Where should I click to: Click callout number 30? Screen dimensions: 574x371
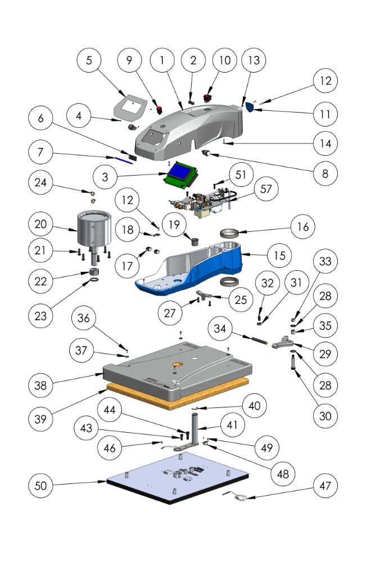pos(323,416)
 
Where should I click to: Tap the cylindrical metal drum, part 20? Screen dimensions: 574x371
pos(90,227)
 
